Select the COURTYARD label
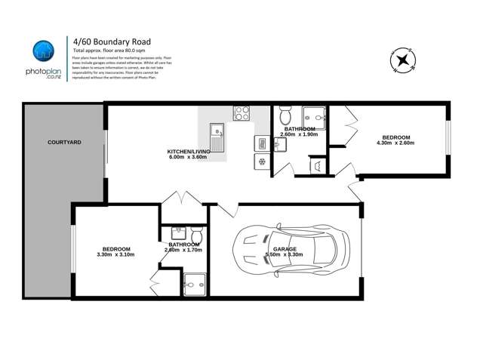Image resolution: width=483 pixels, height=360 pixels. click(64, 142)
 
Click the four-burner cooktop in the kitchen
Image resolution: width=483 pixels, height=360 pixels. click(241, 113)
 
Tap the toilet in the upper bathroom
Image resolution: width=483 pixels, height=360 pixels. click(285, 115)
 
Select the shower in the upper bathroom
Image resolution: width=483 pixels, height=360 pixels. click(313, 117)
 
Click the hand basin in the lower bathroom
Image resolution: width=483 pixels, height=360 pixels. click(178, 234)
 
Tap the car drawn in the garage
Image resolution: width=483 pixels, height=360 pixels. click(292, 250)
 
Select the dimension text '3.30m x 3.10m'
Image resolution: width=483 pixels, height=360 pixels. click(116, 255)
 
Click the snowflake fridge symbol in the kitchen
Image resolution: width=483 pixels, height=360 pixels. click(262, 162)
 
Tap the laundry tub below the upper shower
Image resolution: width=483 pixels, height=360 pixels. click(316, 167)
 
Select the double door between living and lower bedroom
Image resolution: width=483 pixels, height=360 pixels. click(182, 201)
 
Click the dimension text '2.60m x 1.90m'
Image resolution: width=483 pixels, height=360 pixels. click(299, 135)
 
